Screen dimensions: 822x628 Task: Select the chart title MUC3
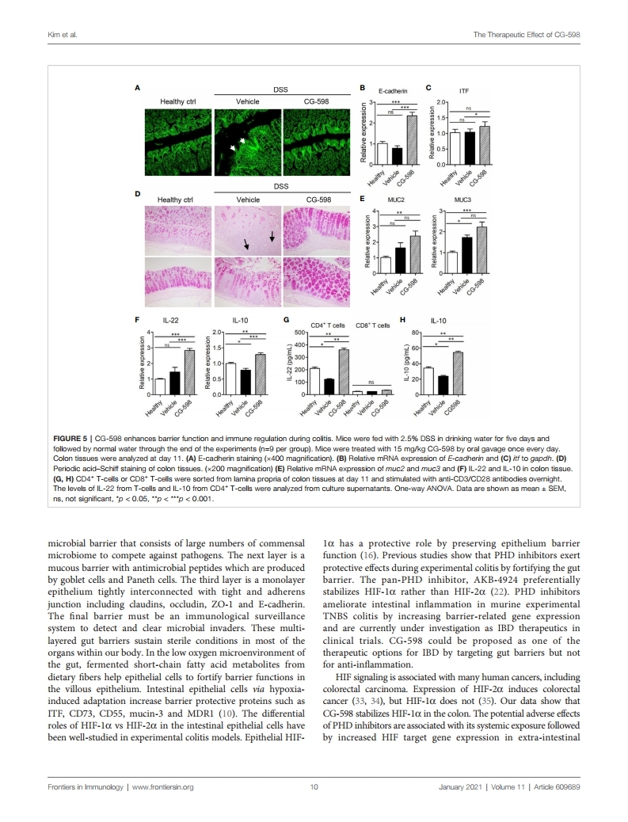coord(463,200)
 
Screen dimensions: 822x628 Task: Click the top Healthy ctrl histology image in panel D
coord(176,230)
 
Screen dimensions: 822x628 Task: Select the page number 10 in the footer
coord(314,787)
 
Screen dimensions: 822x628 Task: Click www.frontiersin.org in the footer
coord(163,787)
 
